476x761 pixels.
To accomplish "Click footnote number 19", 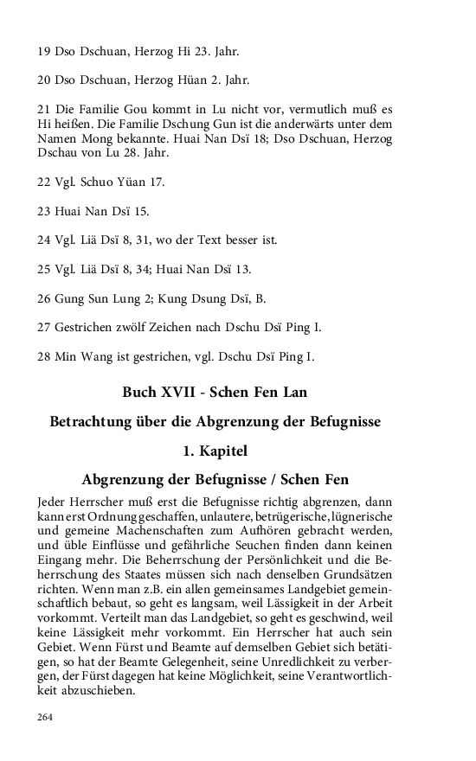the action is pos(45,51).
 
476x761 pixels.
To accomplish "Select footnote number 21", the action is pos(45,110).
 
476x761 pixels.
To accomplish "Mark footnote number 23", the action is pos(45,211).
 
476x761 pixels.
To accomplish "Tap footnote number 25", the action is pos(45,269).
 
